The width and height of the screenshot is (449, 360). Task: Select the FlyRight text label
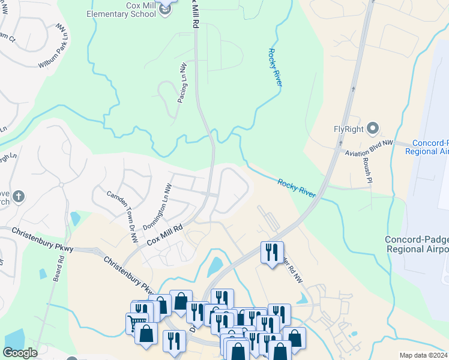(349, 128)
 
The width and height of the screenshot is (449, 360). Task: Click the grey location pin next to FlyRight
(373, 128)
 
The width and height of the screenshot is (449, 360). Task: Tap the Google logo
(20, 353)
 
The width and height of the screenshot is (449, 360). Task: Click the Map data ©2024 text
(423, 355)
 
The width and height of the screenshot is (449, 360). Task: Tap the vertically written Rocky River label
(275, 68)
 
